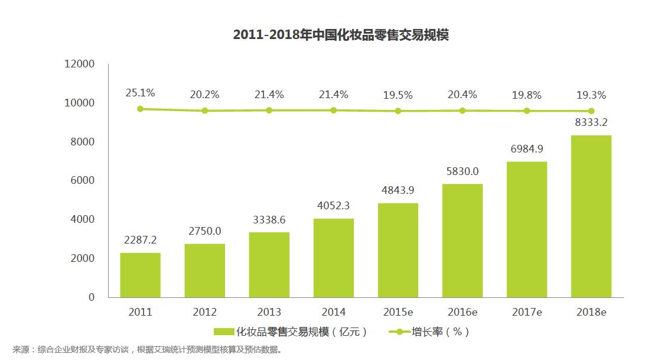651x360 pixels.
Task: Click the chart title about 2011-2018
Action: coord(341,35)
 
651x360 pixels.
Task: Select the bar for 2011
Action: coord(140,275)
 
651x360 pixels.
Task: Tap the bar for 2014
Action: coord(334,258)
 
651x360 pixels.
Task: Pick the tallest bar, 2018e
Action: coord(591,216)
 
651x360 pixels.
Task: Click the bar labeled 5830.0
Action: coord(463,241)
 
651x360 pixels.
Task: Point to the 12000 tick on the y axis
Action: coord(80,64)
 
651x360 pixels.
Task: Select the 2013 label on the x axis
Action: coord(269,312)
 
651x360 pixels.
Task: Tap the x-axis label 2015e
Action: coord(398,312)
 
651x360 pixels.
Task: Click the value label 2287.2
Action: coord(140,241)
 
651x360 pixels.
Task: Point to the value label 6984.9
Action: coord(527,149)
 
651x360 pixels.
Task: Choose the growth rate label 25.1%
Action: coord(140,93)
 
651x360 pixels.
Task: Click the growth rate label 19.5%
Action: coord(398,95)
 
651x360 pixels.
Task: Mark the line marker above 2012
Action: coord(205,111)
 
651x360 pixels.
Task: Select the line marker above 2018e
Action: coord(591,111)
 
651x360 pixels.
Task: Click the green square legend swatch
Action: coord(224,332)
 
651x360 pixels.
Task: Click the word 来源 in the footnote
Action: coord(21,349)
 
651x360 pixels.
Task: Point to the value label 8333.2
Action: coord(591,123)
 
